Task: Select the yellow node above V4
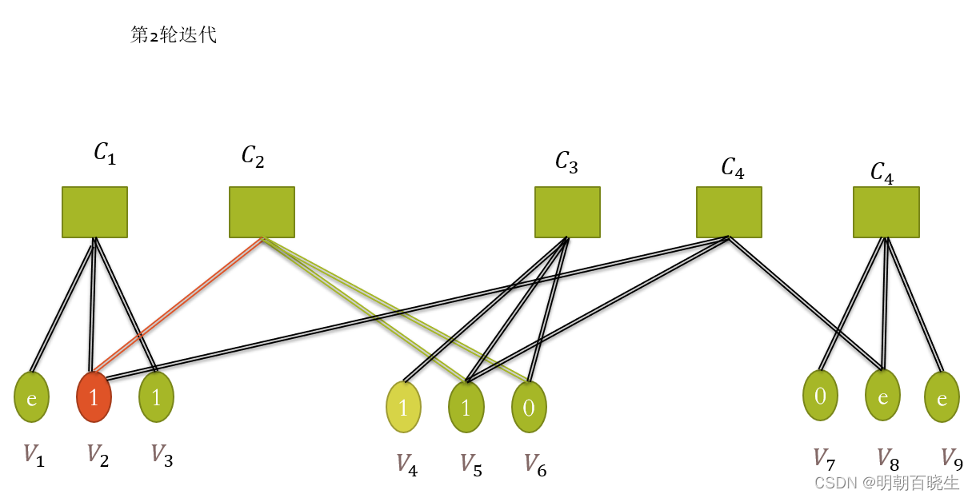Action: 403,407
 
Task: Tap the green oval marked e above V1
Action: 32,396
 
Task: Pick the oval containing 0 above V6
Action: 529,407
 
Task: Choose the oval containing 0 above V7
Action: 820,396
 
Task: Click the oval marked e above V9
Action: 942,397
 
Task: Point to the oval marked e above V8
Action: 882,396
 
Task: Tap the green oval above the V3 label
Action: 156,396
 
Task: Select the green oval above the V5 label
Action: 466,407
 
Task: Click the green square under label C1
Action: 94,212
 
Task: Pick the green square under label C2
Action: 262,212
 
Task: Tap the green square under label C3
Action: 567,212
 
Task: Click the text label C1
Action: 105,153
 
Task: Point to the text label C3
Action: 566,162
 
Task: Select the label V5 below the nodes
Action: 471,464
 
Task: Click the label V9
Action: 951,458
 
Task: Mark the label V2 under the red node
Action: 97,456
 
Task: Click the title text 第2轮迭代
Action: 174,35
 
